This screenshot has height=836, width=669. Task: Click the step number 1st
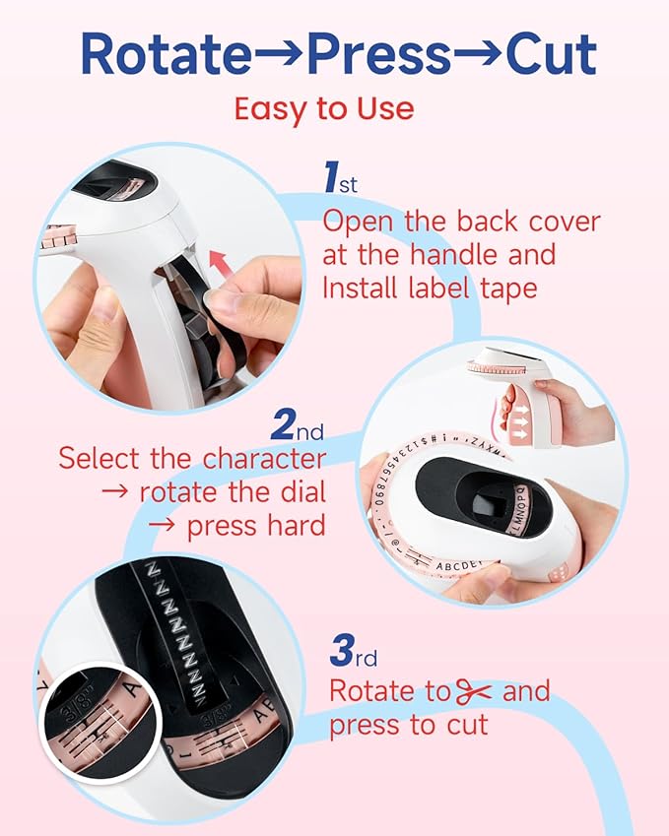tap(341, 180)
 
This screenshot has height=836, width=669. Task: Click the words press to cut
tap(408, 726)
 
